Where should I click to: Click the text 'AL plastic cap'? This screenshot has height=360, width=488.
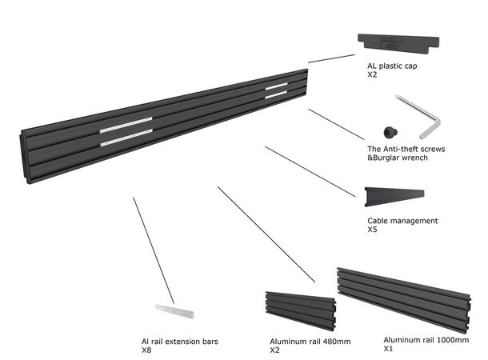coord(383,66)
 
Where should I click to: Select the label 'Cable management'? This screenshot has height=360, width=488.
coord(402,221)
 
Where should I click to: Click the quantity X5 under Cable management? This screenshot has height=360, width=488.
coord(372,230)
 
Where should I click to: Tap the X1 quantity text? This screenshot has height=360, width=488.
coord(389,350)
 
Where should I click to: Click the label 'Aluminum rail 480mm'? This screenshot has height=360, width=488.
coord(310,342)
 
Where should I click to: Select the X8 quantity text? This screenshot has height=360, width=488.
coord(146,351)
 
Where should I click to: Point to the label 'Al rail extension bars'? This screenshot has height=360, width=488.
coord(180,342)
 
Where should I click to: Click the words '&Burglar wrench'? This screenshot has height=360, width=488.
coord(393,159)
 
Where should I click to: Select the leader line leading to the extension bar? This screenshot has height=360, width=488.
coord(153,248)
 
